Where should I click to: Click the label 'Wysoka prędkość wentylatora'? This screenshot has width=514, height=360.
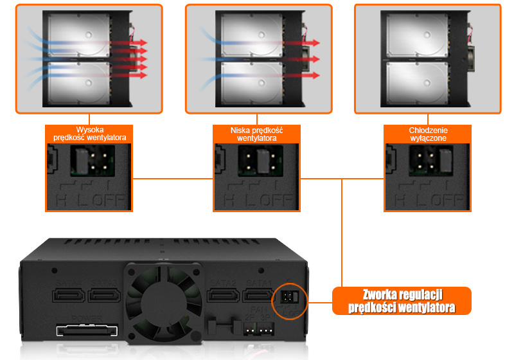[89, 133]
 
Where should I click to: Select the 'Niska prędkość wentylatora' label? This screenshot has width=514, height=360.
[256, 133]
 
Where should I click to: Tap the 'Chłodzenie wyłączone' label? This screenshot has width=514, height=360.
[427, 133]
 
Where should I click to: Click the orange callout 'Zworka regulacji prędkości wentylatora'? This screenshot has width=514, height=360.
[402, 300]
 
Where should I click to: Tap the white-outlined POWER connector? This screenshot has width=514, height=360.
[87, 332]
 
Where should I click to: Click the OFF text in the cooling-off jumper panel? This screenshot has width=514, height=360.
[447, 200]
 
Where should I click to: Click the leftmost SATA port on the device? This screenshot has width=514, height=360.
[67, 296]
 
